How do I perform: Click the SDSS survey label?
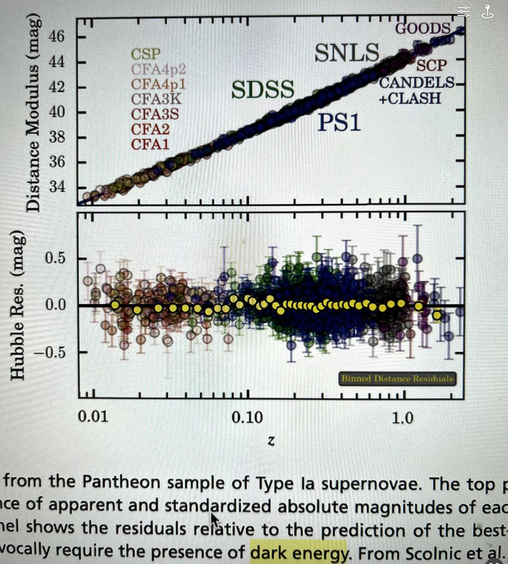[263, 90]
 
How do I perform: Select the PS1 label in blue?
[339, 122]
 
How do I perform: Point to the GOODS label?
[423, 28]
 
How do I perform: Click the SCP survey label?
[431, 65]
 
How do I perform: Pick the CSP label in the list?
[146, 54]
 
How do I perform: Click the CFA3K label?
[156, 99]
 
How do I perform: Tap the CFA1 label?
[150, 144]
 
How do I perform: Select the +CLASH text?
[410, 98]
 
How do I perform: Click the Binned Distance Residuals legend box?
[397, 379]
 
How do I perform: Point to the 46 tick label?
[57, 37]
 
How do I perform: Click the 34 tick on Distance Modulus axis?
[57, 187]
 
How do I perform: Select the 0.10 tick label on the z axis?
[247, 418]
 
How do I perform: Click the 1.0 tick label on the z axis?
[402, 418]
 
